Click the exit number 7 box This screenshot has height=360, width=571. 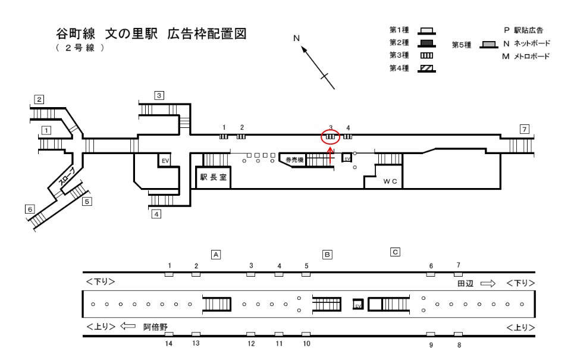tap(524, 129)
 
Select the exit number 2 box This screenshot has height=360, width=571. tap(39, 99)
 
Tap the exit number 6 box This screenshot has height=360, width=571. tap(29, 209)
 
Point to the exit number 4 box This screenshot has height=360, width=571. tap(156, 214)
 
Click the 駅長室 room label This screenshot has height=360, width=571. tap(212, 178)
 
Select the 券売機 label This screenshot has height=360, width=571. tap(294, 160)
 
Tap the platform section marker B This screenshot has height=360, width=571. tap(327, 254)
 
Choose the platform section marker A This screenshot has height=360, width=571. tap(217, 254)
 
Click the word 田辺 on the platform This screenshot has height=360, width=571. tap(465, 283)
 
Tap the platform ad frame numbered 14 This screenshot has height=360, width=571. tap(169, 334)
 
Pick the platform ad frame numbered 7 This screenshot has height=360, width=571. tap(458, 274)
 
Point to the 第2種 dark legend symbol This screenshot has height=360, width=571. tap(425, 42)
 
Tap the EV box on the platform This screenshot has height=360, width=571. tap(357, 304)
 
